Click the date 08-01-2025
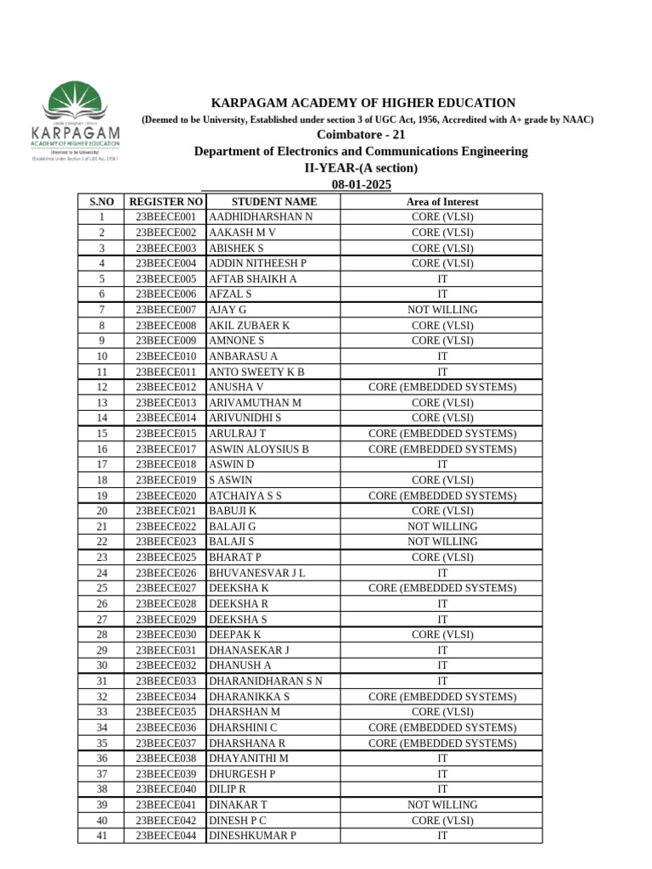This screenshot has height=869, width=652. click(361, 185)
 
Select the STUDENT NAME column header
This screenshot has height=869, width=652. click(273, 202)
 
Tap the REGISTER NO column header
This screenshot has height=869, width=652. click(166, 202)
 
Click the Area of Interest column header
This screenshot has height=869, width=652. click(442, 202)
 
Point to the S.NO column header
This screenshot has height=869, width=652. click(101, 202)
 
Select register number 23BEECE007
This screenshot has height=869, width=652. click(166, 310)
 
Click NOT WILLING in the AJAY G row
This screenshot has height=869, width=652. click(442, 310)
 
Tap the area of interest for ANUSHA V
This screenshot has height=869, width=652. click(442, 387)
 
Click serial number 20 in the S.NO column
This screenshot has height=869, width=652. click(101, 511)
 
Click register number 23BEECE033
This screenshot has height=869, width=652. click(166, 681)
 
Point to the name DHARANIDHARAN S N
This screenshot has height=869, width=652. click(265, 681)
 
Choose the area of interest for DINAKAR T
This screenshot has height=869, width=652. click(442, 805)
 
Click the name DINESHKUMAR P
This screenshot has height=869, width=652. click(252, 836)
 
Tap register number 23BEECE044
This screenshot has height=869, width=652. click(166, 836)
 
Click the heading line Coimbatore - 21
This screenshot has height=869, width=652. click(361, 135)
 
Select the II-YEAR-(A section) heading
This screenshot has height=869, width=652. click(361, 168)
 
